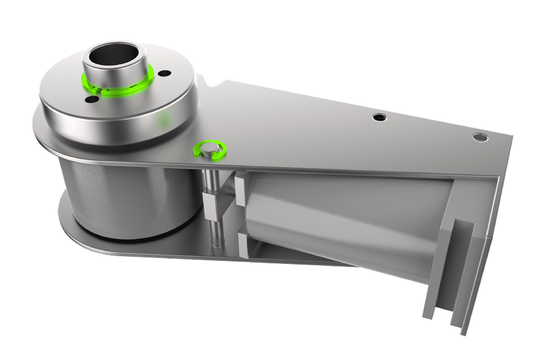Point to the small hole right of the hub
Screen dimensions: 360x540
click(164, 74)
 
